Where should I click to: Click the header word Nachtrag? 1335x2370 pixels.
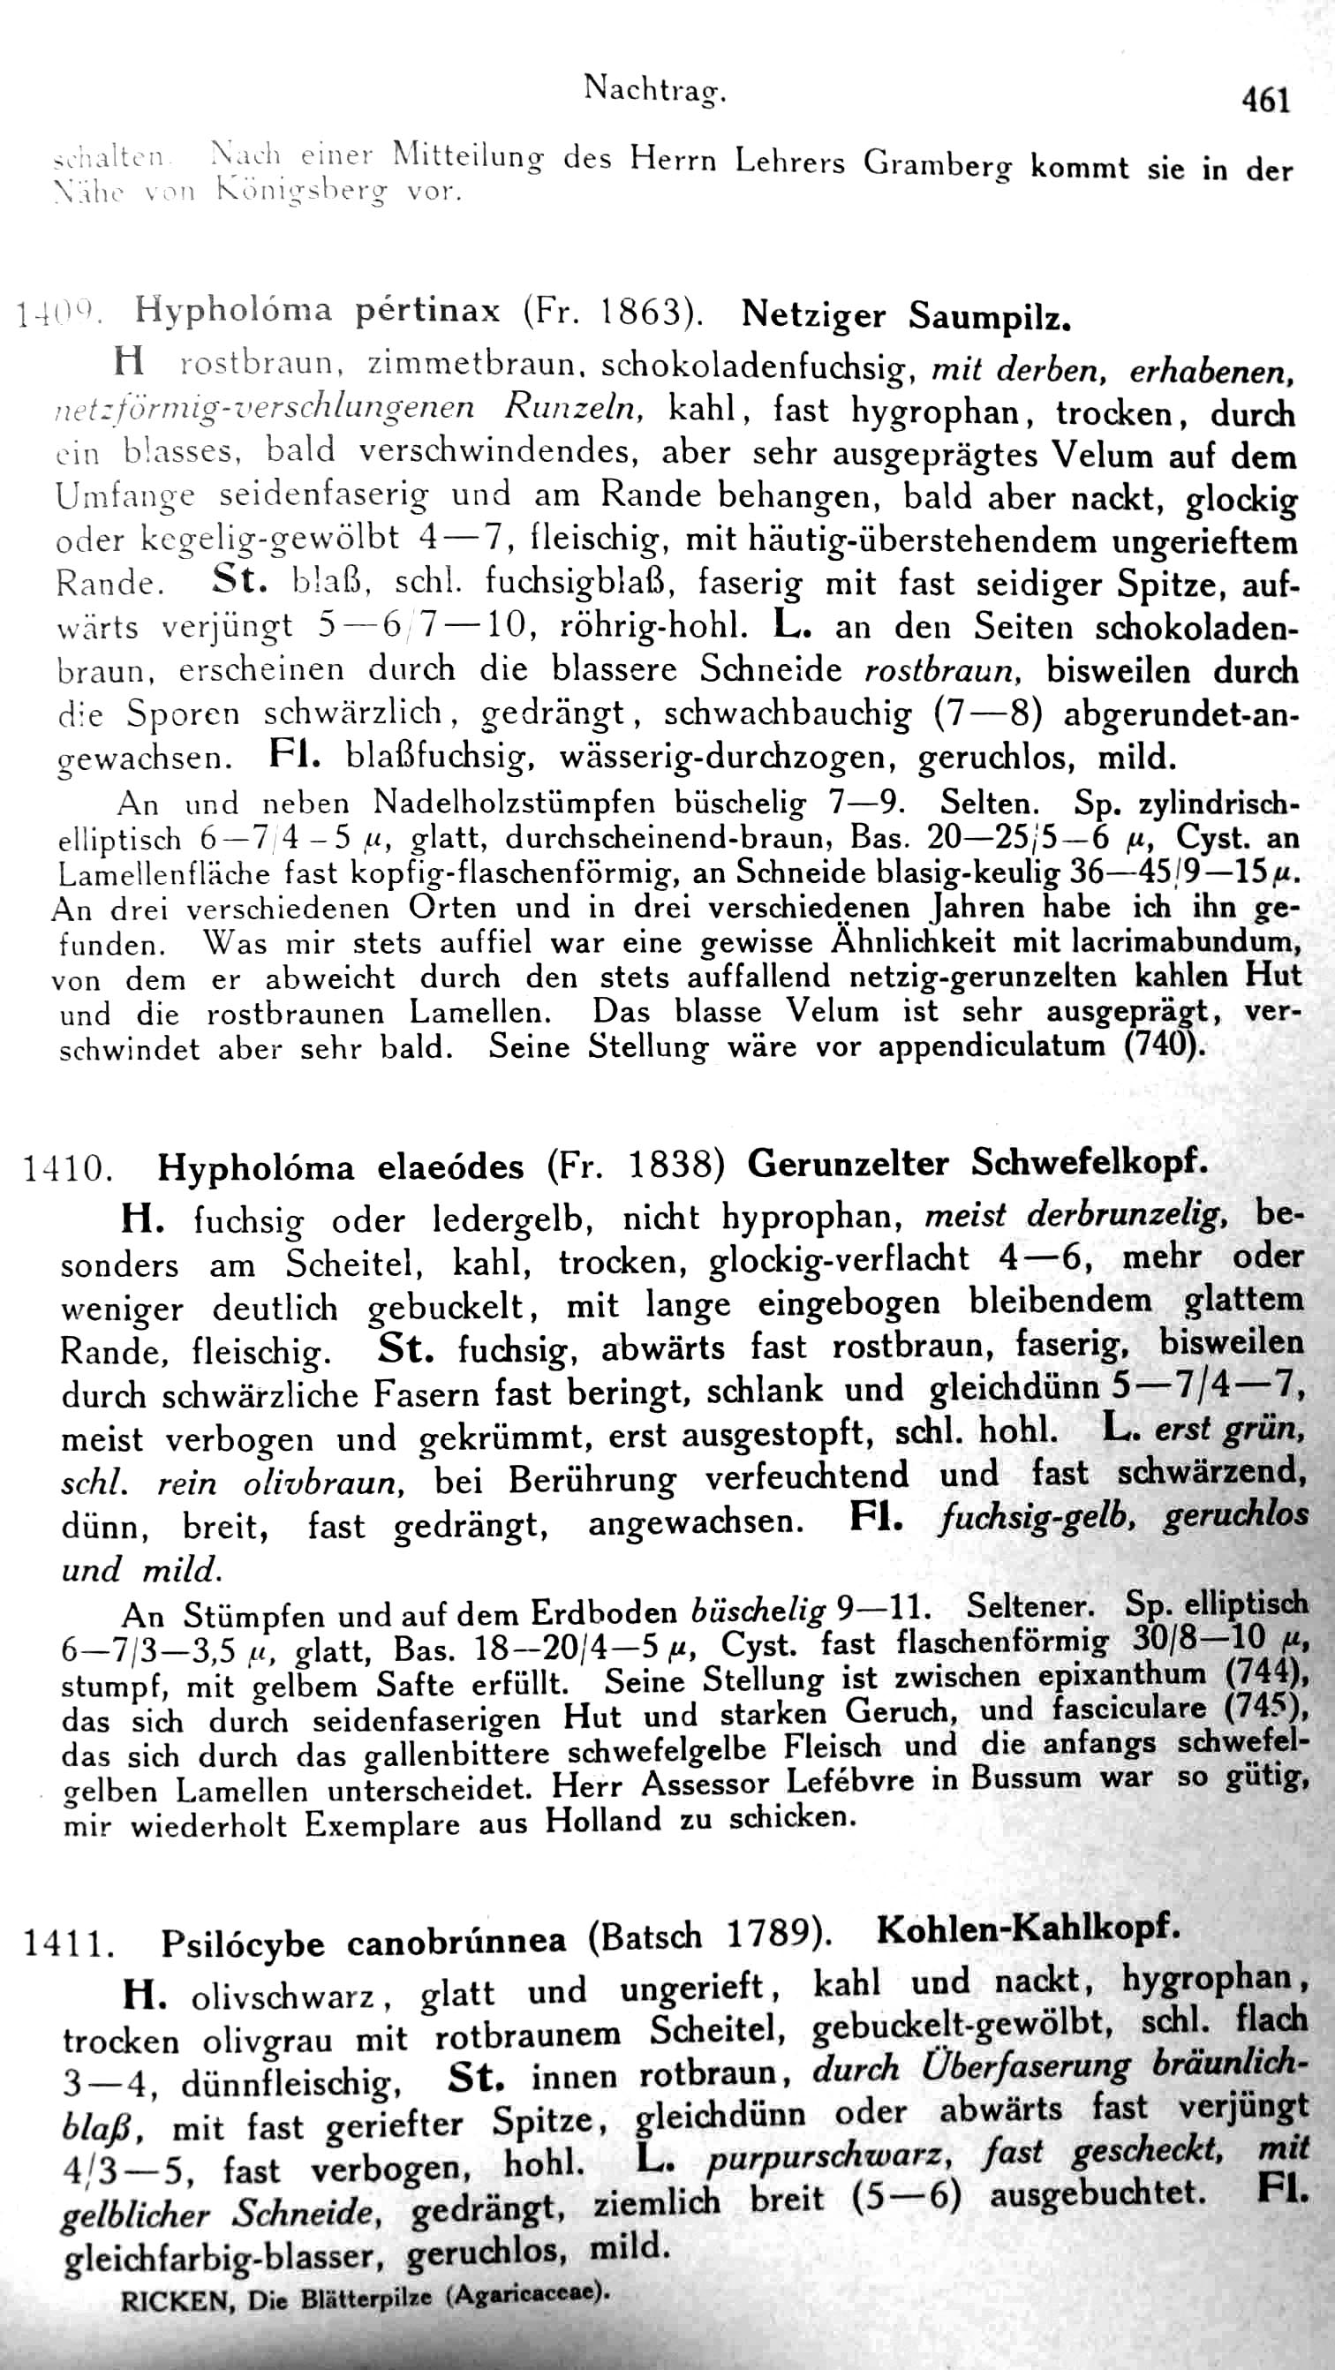655,89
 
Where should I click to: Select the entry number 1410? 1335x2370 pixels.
67,1168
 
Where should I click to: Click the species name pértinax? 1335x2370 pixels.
428,310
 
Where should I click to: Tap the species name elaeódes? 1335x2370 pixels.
451,1166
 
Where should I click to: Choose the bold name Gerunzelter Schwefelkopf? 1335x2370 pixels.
977,1163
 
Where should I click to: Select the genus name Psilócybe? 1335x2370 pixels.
243,1943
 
